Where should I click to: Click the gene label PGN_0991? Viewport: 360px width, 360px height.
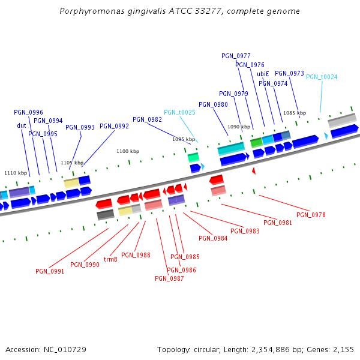click(x=50, y=271)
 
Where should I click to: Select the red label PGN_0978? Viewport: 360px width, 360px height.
click(x=311, y=215)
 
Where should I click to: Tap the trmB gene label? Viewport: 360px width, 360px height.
click(x=110, y=260)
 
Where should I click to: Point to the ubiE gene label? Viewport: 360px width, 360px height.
click(x=263, y=74)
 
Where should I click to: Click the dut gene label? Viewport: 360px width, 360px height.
click(x=22, y=125)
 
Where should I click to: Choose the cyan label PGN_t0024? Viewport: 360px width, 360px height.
click(x=322, y=77)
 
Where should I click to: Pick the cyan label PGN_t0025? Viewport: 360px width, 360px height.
click(x=179, y=112)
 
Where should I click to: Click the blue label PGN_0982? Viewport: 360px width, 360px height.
click(x=147, y=119)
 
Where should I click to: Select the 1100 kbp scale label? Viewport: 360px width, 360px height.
click(x=128, y=152)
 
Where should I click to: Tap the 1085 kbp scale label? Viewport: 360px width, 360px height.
click(x=295, y=113)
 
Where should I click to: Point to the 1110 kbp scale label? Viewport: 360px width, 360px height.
click(x=16, y=173)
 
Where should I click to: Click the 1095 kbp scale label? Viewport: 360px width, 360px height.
click(x=184, y=139)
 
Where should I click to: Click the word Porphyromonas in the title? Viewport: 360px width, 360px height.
click(x=89, y=11)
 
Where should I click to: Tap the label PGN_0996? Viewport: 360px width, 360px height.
click(x=28, y=112)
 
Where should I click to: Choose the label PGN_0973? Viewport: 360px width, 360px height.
click(x=289, y=73)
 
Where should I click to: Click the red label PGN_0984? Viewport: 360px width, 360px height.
click(x=213, y=238)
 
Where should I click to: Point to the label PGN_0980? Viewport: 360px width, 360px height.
click(x=213, y=104)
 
